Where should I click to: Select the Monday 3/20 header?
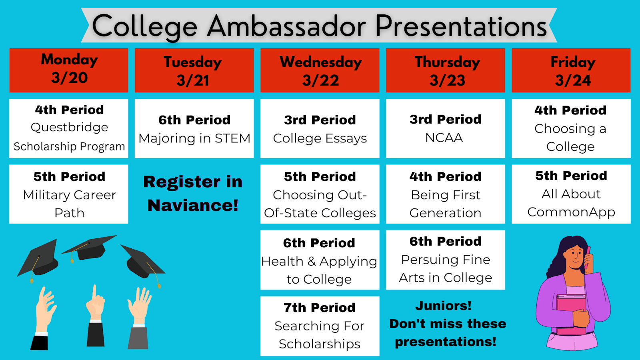(x=68, y=70)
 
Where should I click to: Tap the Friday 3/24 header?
(x=571, y=70)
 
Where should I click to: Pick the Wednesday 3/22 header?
(x=320, y=70)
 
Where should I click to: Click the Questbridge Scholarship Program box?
(x=68, y=128)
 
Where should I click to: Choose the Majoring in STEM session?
(x=194, y=128)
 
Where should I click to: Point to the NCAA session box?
(x=446, y=128)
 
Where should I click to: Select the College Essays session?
(x=320, y=128)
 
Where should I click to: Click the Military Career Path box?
(x=68, y=194)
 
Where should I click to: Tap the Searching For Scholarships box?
(x=320, y=326)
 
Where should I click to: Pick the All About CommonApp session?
(x=571, y=194)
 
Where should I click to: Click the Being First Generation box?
(x=446, y=194)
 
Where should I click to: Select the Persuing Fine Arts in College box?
(x=446, y=260)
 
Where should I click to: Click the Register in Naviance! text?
(x=193, y=194)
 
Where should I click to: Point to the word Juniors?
(x=444, y=306)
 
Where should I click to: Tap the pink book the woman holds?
(x=571, y=314)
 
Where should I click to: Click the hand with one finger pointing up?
(x=95, y=303)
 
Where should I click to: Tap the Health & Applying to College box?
(x=320, y=260)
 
